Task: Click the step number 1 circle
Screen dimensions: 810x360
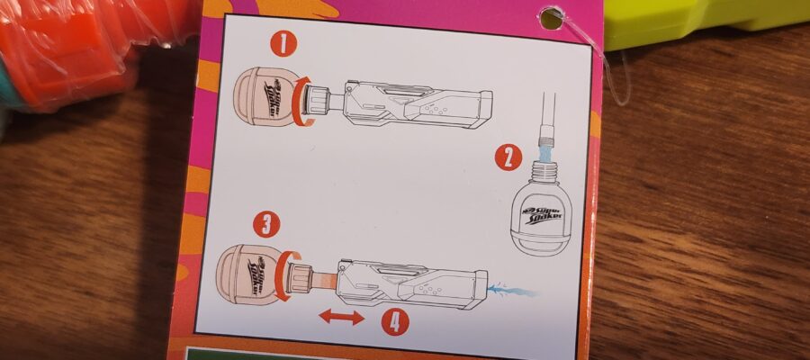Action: click(283, 43)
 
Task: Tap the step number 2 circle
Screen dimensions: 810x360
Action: click(508, 157)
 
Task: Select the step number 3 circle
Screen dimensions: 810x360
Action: click(266, 225)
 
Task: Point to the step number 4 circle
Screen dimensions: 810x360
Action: click(395, 322)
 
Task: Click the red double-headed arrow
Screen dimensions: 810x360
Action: click(341, 317)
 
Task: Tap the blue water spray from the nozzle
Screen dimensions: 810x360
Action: click(511, 291)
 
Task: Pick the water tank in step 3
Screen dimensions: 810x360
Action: click(249, 274)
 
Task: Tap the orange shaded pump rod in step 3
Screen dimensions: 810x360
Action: click(324, 279)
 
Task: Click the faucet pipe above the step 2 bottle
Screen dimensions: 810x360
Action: click(546, 118)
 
